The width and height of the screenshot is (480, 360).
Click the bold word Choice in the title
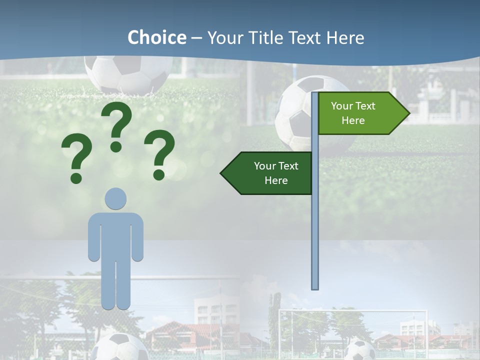click(x=156, y=37)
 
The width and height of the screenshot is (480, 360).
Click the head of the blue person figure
click(x=115, y=198)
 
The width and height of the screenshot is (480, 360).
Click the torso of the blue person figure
click(x=115, y=235)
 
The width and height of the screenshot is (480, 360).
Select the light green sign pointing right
click(x=360, y=113)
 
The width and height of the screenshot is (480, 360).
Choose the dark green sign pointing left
click(x=270, y=173)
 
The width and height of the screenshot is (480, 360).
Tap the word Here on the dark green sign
click(x=276, y=180)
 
